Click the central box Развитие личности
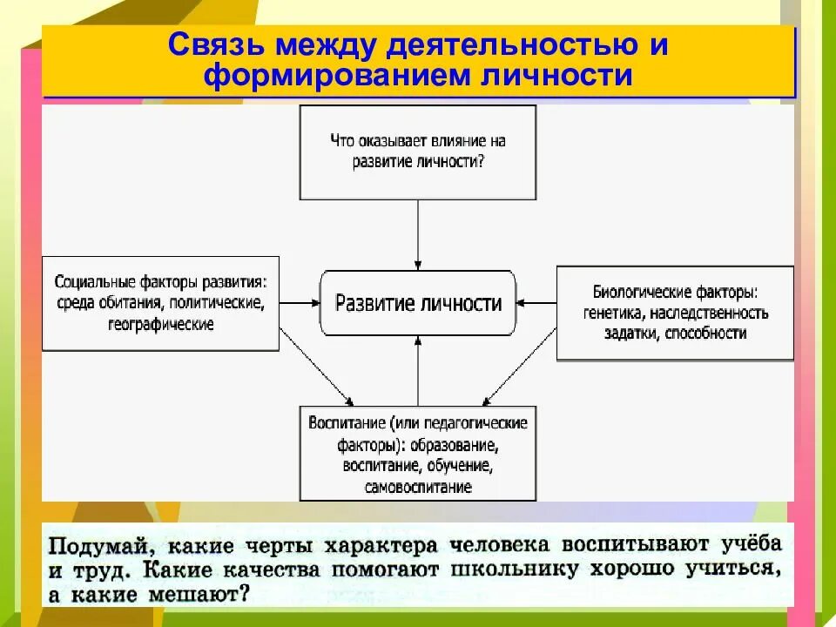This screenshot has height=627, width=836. pyautogui.click(x=418, y=303)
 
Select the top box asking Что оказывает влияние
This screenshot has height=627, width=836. pyautogui.click(x=418, y=152)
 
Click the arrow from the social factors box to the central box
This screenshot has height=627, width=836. pyautogui.click(x=300, y=303)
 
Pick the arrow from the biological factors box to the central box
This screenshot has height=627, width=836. pyautogui.click(x=536, y=303)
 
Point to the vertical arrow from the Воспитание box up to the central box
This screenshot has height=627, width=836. pyautogui.click(x=418, y=370)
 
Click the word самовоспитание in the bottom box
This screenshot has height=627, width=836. pyautogui.click(x=418, y=488)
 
